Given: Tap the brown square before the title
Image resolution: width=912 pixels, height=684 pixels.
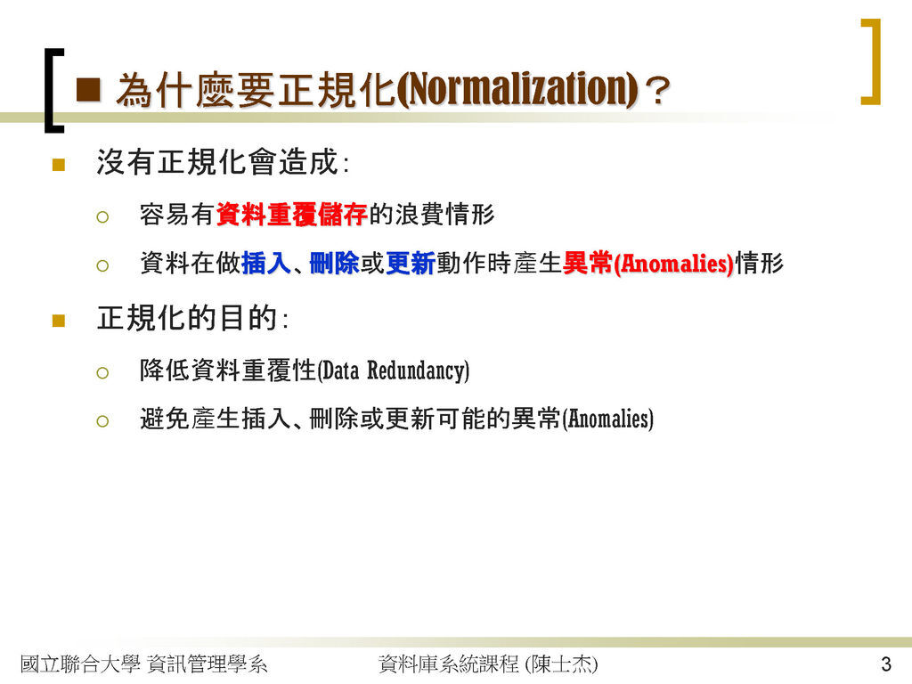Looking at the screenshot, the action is coord(88,90).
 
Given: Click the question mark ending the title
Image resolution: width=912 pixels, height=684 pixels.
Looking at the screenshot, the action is coord(658,92).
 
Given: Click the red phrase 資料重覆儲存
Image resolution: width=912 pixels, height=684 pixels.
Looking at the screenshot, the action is coord(291,214).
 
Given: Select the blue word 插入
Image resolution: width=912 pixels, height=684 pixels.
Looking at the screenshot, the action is coord(265,263).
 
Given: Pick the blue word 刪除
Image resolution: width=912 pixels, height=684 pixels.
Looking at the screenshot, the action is coord(334,263).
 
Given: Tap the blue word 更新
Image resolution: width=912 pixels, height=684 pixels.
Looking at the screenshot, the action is coord(410,263).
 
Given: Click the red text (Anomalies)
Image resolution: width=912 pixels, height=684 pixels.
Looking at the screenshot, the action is coord(673,264).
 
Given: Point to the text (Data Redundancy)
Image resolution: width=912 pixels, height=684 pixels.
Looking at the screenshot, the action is coord(393,370).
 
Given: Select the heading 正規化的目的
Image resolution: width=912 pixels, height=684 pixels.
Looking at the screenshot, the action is coord(186,318).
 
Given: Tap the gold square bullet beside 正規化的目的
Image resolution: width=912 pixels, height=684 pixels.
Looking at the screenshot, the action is coord(58,321).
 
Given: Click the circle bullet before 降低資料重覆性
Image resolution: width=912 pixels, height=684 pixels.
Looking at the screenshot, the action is coord(102,373).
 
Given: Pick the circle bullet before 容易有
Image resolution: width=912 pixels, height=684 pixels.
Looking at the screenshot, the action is coord(102,217).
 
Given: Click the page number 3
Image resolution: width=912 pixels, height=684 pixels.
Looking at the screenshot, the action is coord(886,664).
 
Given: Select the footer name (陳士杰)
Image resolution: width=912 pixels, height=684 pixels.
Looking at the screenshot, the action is coord(561,664).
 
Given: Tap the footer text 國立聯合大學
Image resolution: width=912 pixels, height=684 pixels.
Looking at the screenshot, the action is coord(80,664).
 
